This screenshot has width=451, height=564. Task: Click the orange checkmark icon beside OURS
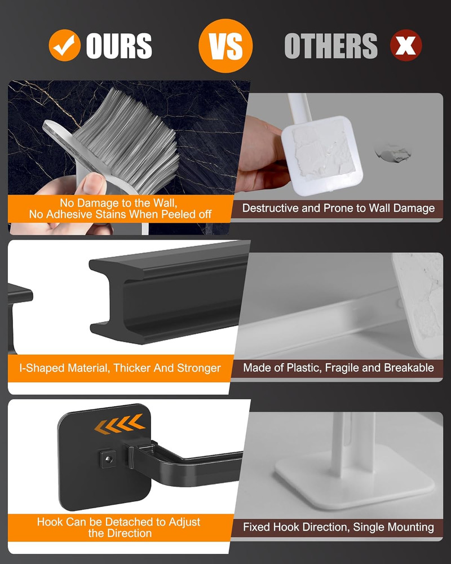pyautogui.click(x=64, y=45)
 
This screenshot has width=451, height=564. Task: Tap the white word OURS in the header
pyautogui.click(x=119, y=45)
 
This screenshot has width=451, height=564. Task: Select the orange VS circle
pyautogui.click(x=225, y=45)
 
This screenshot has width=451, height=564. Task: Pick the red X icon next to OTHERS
pyautogui.click(x=406, y=45)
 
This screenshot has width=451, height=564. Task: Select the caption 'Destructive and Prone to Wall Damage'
pyautogui.click(x=338, y=208)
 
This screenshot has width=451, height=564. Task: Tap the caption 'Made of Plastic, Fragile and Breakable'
pyautogui.click(x=338, y=368)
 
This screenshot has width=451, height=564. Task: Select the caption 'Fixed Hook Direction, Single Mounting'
pyautogui.click(x=338, y=527)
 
